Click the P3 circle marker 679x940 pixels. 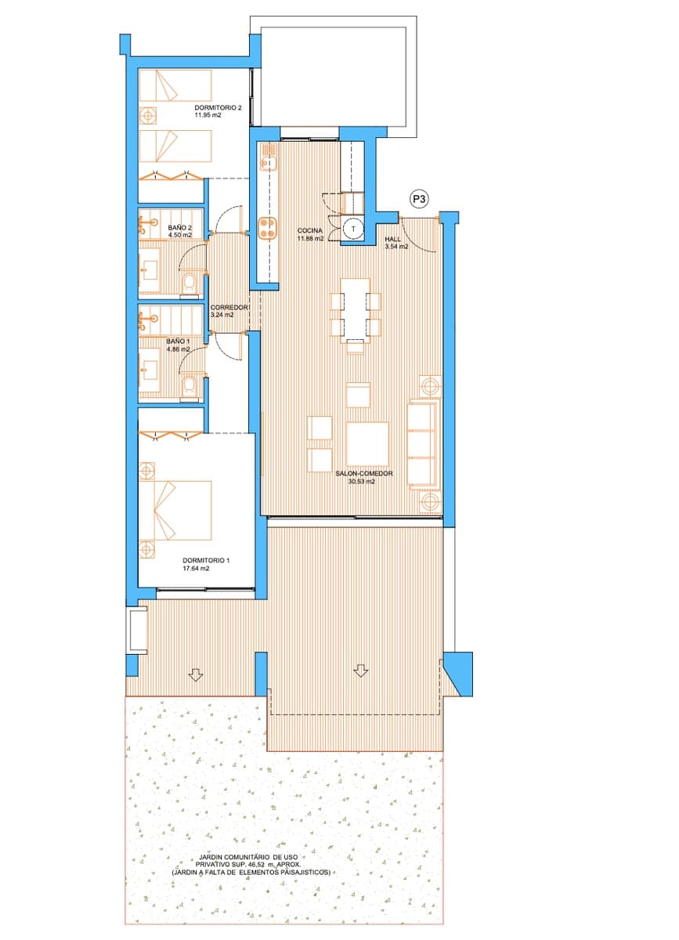(x=420, y=200)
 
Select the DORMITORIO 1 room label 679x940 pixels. (x=206, y=560)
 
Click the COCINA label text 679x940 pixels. (x=309, y=230)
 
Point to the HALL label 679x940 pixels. (x=392, y=239)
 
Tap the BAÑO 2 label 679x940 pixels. (x=179, y=228)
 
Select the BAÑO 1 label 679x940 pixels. (x=178, y=341)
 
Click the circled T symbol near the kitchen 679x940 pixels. (x=354, y=227)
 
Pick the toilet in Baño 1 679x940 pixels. (x=190, y=385)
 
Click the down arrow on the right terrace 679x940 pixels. (x=360, y=671)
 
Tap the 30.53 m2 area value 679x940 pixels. (x=361, y=483)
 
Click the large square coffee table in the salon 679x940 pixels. (x=367, y=444)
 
